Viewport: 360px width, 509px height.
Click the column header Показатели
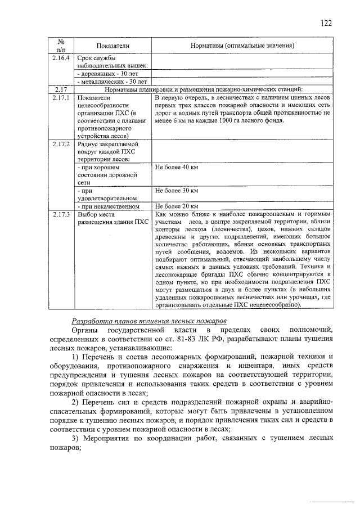112,45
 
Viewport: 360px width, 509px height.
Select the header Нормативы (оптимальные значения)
242,45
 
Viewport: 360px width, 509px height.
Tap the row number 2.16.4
60,58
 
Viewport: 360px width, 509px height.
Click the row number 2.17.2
60,145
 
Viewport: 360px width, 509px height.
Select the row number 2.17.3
60,214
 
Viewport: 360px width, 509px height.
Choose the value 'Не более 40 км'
177,168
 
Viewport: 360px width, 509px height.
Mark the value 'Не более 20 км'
177,206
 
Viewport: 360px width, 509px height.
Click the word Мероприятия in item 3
111,439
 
